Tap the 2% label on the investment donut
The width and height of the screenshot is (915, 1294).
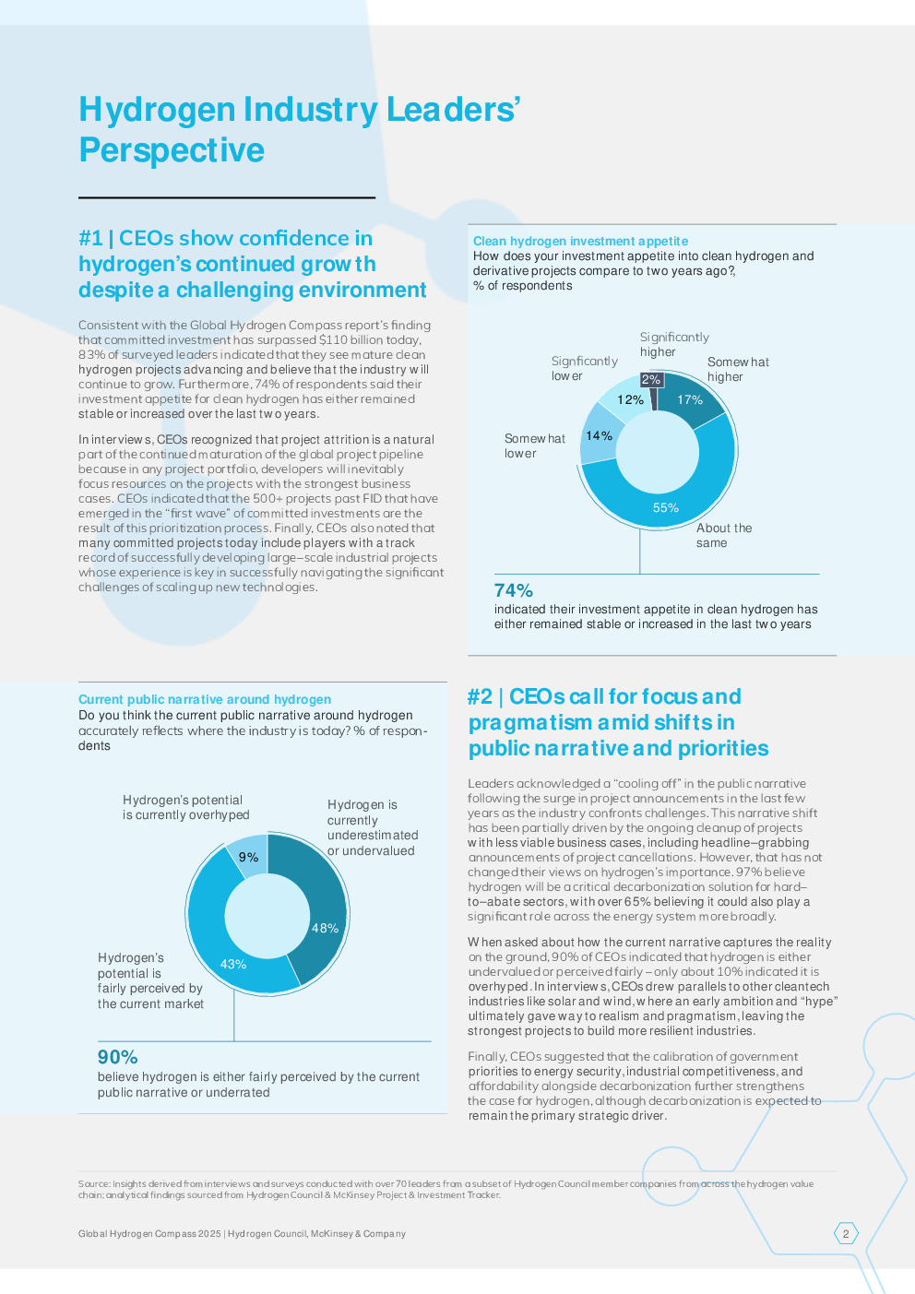(651, 380)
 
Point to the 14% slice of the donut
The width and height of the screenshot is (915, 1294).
(600, 436)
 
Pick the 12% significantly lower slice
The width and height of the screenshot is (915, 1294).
(631, 400)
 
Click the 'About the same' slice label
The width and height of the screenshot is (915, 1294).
(723, 536)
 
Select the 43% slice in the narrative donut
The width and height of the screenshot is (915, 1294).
(233, 964)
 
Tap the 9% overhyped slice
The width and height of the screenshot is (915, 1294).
(248, 857)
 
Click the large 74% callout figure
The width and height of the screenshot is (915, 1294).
(514, 591)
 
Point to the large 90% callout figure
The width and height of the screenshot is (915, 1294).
(118, 1058)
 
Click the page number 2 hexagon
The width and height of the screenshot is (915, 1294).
(846, 1233)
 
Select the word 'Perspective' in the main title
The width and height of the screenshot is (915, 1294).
(172, 150)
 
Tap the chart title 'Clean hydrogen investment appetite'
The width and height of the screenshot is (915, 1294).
(580, 241)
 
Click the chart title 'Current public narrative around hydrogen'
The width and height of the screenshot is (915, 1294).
(205, 700)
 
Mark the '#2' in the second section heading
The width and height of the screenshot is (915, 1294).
(480, 697)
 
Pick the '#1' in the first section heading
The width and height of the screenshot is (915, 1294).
(90, 239)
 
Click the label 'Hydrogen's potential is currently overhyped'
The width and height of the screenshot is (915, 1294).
(185, 808)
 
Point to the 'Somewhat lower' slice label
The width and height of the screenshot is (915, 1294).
(534, 445)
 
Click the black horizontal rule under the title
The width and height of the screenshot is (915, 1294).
(227, 197)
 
